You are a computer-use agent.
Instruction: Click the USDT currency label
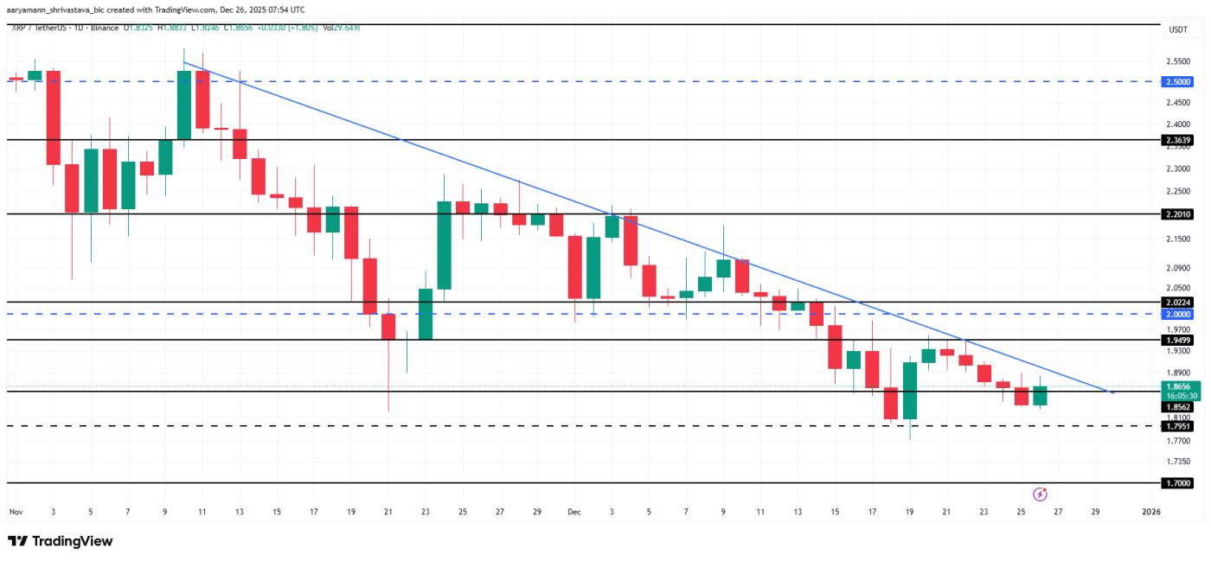[x=1178, y=29]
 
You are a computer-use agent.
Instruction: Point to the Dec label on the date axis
[x=573, y=512]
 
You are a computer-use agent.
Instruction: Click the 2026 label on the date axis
[x=1150, y=512]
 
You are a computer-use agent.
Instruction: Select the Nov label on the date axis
[x=15, y=512]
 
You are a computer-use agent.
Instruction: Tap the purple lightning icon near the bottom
[x=1041, y=494]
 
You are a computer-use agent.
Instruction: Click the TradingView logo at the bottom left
[x=61, y=541]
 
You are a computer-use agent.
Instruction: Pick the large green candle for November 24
[x=444, y=245]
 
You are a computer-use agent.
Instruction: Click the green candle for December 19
[x=910, y=391]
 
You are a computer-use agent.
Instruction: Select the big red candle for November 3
[x=54, y=118]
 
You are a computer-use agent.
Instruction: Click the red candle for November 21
[x=388, y=327]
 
